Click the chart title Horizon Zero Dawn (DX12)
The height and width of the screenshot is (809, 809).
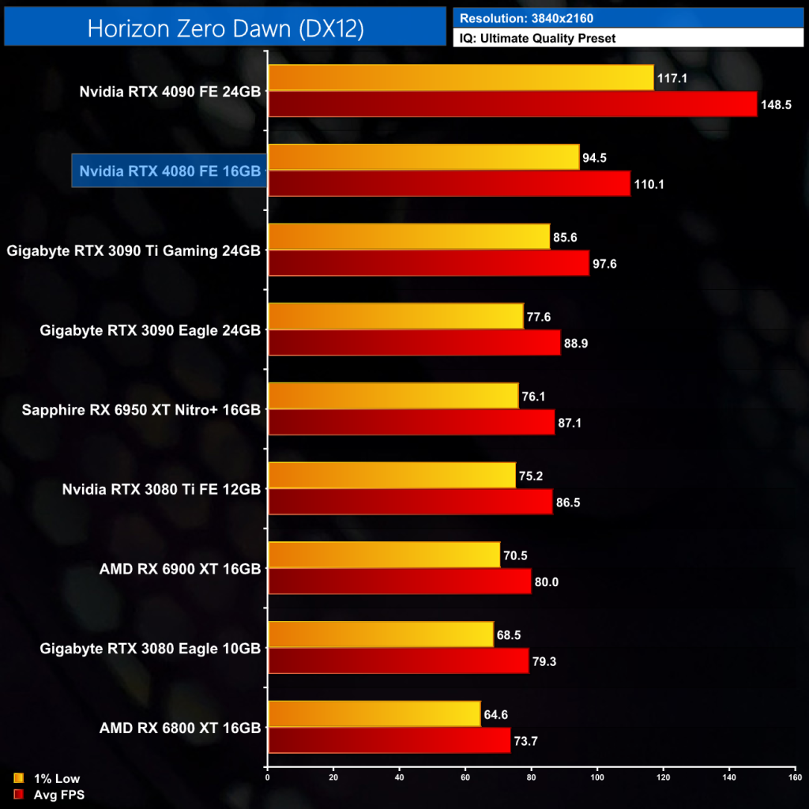(225, 28)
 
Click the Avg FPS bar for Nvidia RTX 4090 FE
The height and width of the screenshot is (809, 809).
(512, 103)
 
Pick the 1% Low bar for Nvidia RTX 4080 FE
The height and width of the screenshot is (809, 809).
(423, 157)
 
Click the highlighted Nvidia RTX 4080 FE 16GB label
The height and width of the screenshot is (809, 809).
(170, 171)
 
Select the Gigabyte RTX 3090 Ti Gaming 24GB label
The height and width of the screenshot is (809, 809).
(134, 250)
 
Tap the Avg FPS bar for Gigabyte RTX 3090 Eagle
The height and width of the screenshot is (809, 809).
(414, 342)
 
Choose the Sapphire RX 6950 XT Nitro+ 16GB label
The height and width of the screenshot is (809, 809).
(141, 409)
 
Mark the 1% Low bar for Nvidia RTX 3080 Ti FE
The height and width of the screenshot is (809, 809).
(392, 476)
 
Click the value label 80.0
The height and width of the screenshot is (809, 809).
(547, 581)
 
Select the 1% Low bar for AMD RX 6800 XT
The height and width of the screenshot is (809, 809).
(374, 714)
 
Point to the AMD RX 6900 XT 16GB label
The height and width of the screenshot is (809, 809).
(180, 568)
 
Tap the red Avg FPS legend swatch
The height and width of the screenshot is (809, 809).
(18, 795)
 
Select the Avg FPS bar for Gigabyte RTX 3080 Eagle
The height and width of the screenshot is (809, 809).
(398, 660)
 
